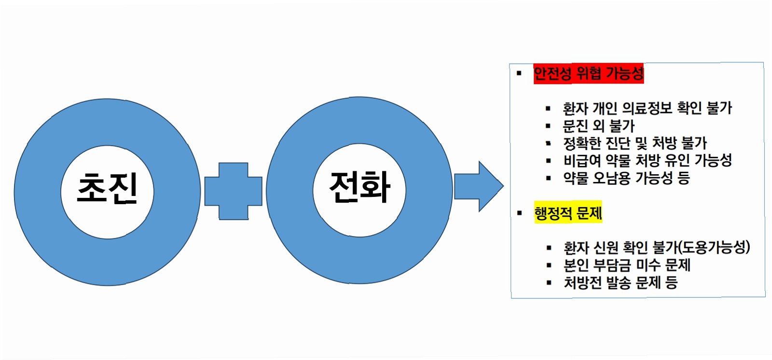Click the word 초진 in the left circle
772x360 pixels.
click(107, 188)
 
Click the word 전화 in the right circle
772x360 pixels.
click(359, 187)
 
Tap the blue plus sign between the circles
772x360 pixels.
click(234, 191)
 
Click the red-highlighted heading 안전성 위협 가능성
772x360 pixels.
click(588, 73)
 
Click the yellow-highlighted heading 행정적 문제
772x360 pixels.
click(568, 213)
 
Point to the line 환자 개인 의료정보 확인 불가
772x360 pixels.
click(647, 108)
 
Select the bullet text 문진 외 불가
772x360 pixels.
click(598, 126)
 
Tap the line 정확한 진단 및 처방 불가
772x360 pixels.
click(634, 143)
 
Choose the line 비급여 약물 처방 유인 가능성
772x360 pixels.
click(647, 160)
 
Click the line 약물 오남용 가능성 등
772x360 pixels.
click(626, 178)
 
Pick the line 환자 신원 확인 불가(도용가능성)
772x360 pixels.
click(656, 248)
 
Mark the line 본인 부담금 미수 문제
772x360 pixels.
click(627, 265)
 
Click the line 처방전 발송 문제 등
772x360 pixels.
click(620, 282)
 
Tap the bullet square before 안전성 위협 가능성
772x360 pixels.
click(519, 73)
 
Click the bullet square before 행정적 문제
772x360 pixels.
click(519, 213)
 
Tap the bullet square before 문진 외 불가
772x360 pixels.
click(548, 126)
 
